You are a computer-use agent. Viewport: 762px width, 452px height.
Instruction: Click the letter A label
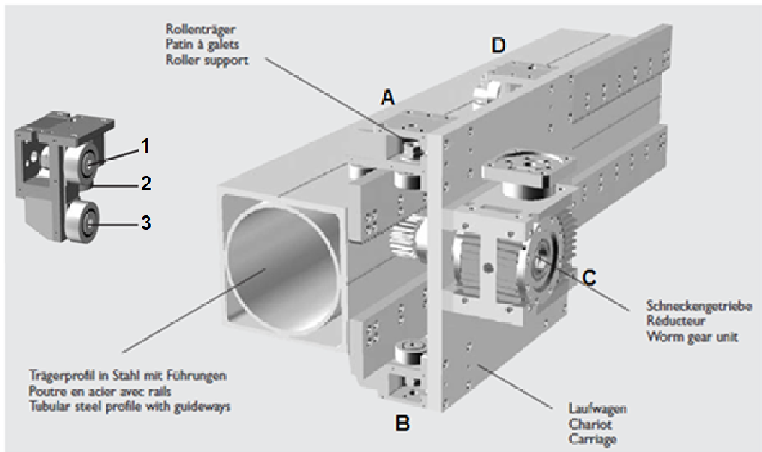click(388, 99)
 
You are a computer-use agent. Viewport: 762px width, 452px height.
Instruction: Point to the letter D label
click(499, 45)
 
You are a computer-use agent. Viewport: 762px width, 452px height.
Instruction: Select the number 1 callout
click(145, 146)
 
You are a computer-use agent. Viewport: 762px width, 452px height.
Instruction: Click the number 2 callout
click(146, 182)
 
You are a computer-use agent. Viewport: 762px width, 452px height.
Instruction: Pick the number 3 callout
click(146, 223)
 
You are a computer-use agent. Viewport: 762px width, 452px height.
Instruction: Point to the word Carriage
click(593, 438)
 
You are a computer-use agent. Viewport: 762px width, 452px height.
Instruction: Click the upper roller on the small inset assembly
click(87, 160)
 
